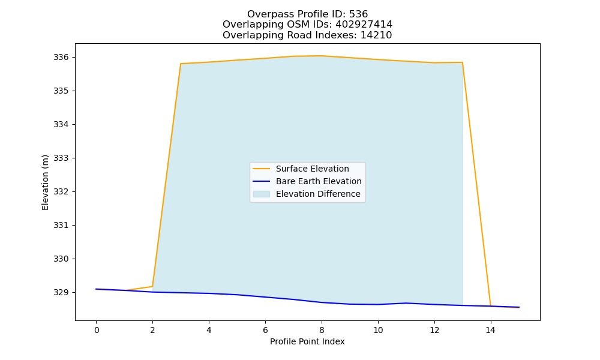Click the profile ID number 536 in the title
(x=358, y=14)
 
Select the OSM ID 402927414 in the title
(x=364, y=25)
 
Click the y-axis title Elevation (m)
(x=46, y=182)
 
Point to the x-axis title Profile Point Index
(x=307, y=341)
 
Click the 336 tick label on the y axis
(x=61, y=58)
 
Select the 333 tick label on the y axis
(x=61, y=158)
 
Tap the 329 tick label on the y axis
(x=61, y=292)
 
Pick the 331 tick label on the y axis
(x=61, y=226)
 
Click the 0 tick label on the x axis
(x=96, y=330)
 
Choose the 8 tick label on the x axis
(x=322, y=330)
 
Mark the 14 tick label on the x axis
(x=491, y=330)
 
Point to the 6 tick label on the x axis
(x=265, y=330)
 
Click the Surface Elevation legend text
(x=312, y=169)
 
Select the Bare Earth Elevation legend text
(x=319, y=181)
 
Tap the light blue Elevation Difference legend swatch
(x=262, y=194)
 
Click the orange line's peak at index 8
(x=322, y=56)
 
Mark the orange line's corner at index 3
(x=181, y=64)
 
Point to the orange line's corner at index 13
(x=462, y=62)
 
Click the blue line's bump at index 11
(x=406, y=303)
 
